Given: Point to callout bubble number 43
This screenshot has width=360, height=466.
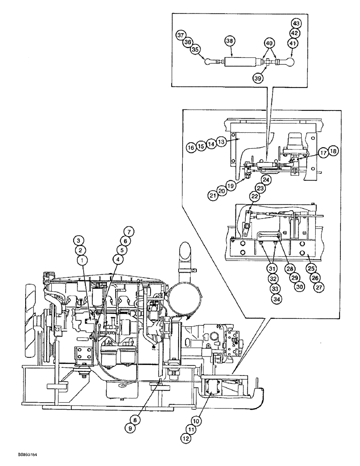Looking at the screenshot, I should pyautogui.click(x=296, y=23).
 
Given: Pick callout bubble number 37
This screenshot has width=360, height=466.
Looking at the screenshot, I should pyautogui.click(x=180, y=35).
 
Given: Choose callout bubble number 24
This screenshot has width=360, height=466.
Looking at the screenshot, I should pyautogui.click(x=266, y=179).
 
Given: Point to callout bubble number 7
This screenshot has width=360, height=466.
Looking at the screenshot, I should pyautogui.click(x=128, y=230).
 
